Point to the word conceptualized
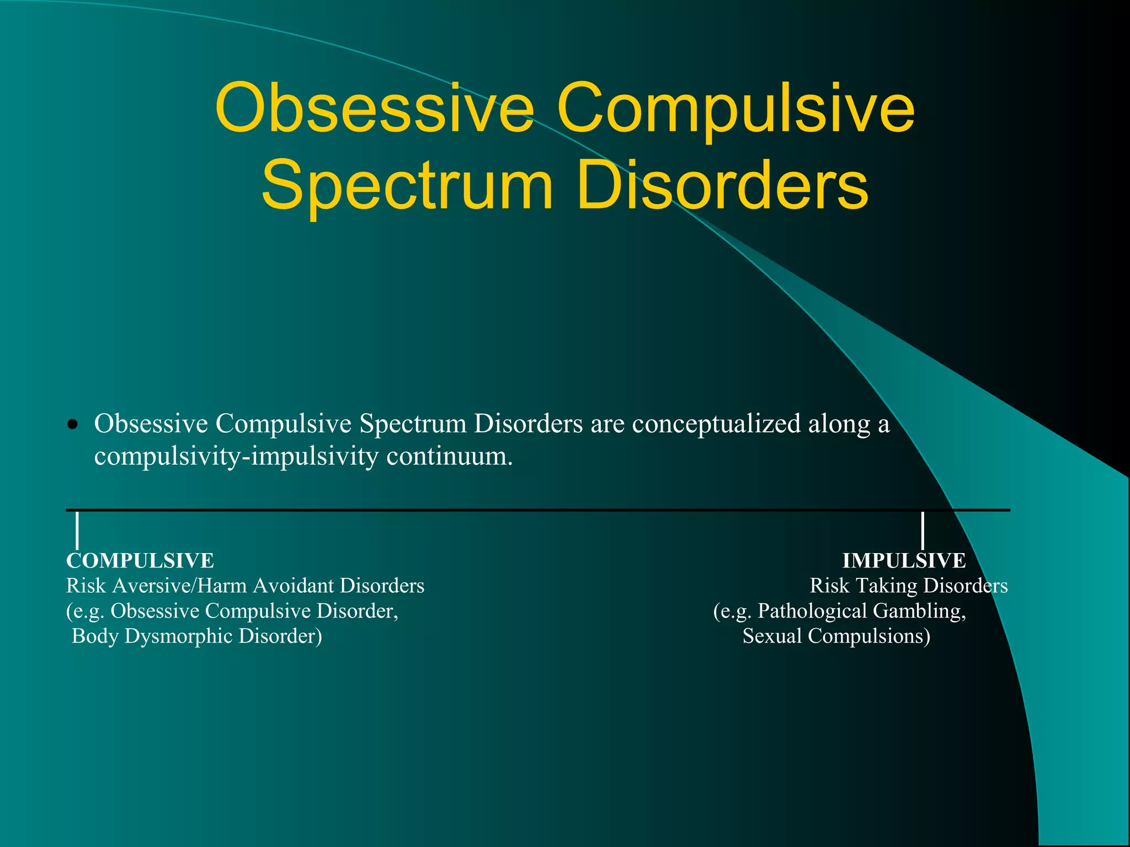(716, 424)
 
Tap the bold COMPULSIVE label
(140, 561)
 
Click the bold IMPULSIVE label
(904, 561)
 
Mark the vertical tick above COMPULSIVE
(77, 530)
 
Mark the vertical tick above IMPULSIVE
(923, 530)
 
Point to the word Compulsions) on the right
(869, 636)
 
